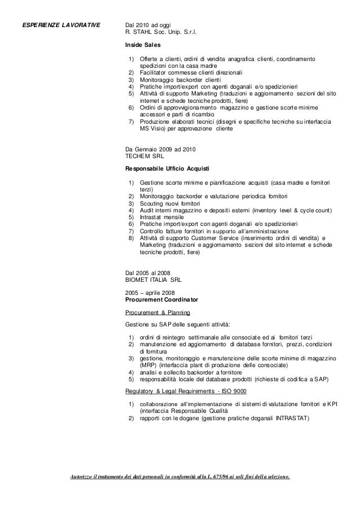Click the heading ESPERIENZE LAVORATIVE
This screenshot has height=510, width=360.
60,25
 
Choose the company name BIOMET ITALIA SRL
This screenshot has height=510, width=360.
153,279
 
